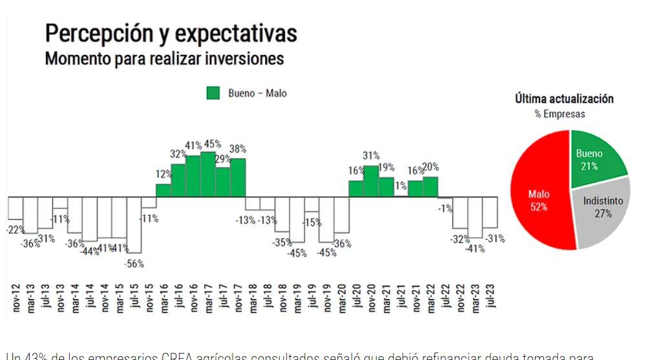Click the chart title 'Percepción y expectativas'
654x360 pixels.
171,33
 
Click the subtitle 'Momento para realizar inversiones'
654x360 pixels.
164,59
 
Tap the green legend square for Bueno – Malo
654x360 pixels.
213,93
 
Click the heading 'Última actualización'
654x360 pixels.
564,99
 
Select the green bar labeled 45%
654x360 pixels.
208,175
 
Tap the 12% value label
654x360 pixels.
163,174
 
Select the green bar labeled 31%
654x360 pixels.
371,181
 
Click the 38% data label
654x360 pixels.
238,149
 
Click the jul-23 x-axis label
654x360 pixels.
490,299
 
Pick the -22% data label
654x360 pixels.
16,230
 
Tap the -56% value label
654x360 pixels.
134,263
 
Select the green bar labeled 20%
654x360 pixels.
430,187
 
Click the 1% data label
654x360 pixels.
401,186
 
